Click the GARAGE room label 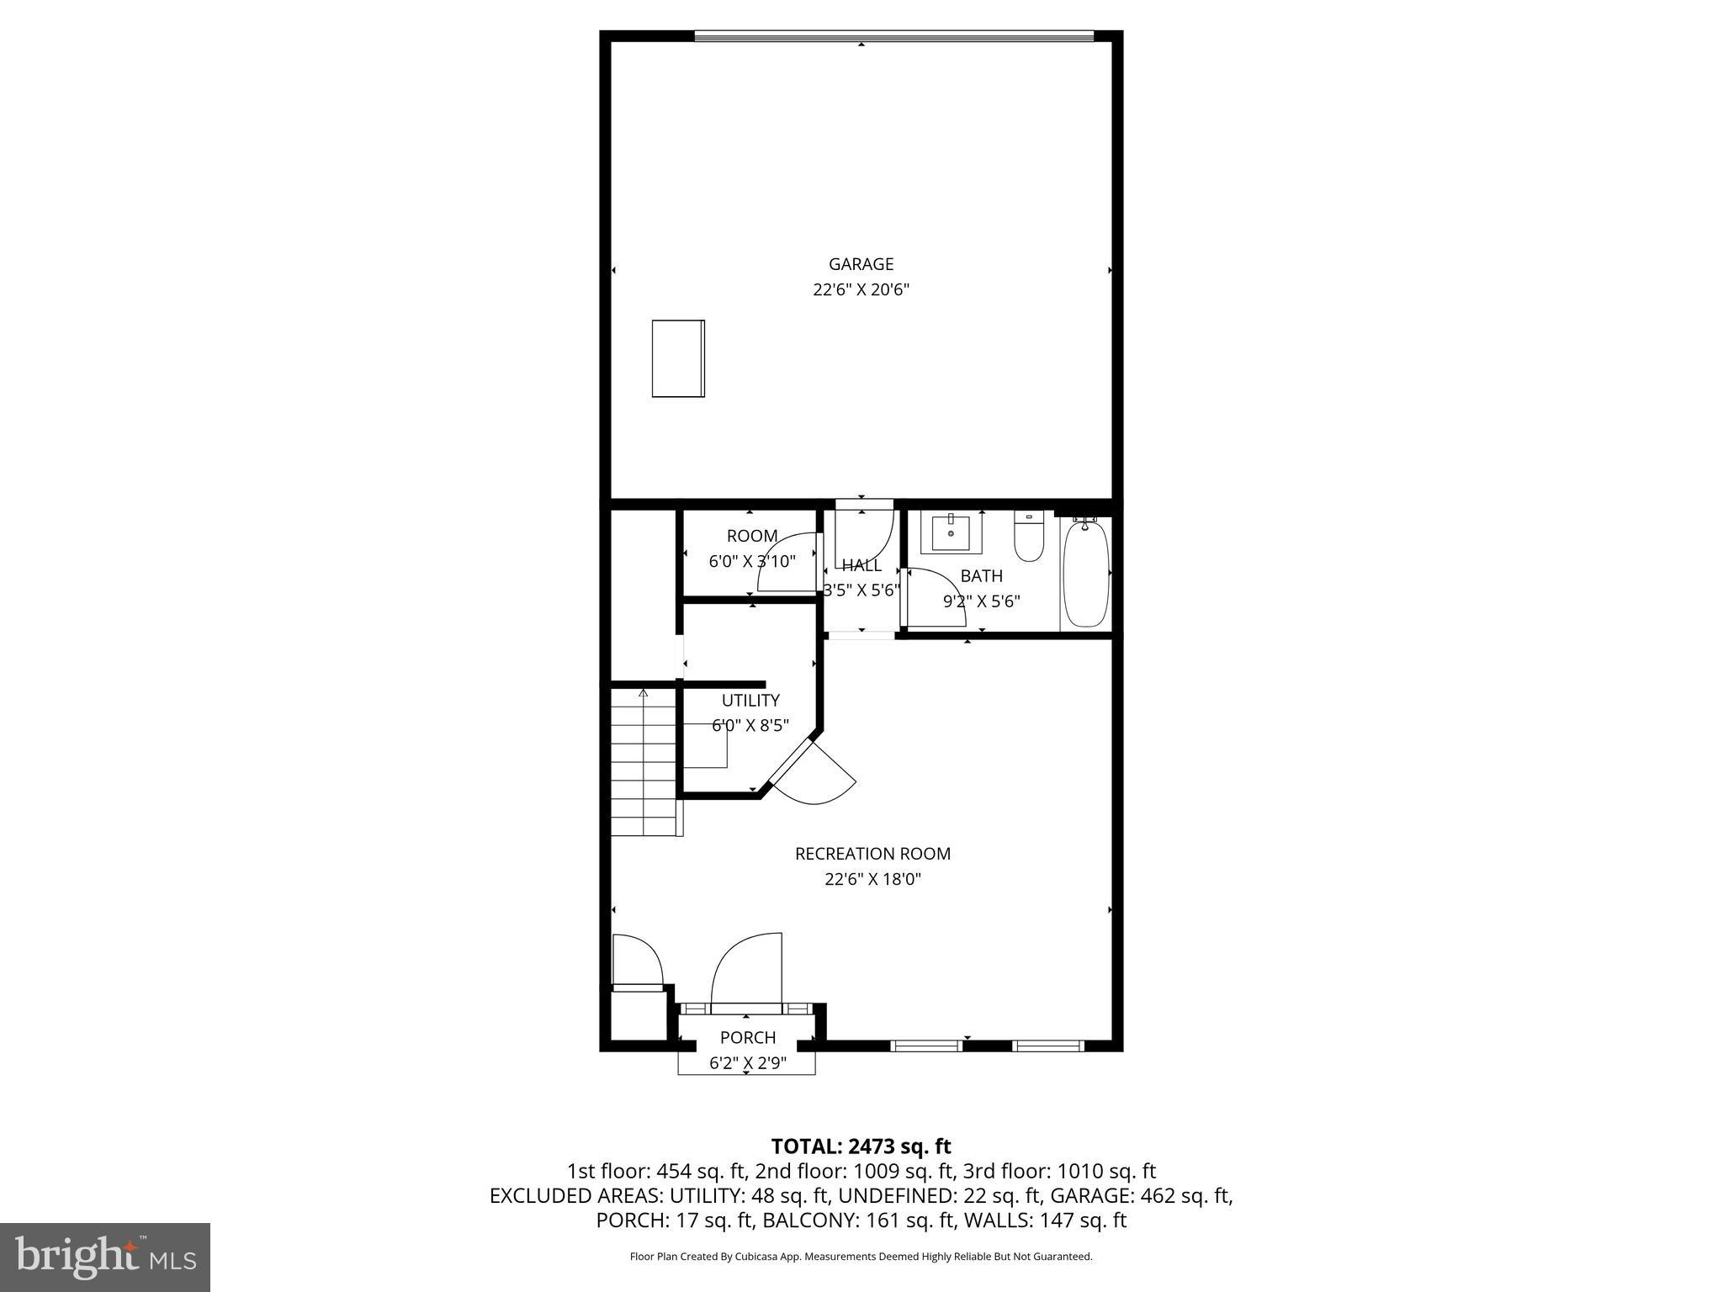(861, 264)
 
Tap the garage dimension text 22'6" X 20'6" (861, 290)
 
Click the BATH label (981, 576)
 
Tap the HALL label (861, 565)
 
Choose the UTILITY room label (750, 701)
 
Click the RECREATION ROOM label (872, 854)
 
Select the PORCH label (747, 1038)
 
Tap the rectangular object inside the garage (678, 358)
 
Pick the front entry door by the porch (747, 972)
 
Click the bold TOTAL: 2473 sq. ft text (861, 1146)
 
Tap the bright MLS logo (105, 1258)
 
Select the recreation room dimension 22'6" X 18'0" (872, 880)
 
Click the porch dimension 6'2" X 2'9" (747, 1064)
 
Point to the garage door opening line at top (893, 35)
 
